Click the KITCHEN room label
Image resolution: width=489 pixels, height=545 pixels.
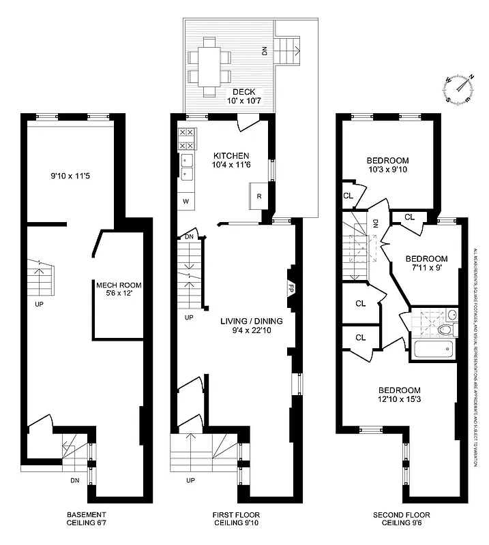(x=231, y=155)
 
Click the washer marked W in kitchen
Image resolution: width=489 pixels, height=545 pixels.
(x=186, y=202)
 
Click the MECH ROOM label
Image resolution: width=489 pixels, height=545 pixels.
(x=118, y=285)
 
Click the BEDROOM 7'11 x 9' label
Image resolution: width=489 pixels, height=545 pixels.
(x=426, y=264)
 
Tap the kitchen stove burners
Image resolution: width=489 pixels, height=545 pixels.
(x=186, y=138)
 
